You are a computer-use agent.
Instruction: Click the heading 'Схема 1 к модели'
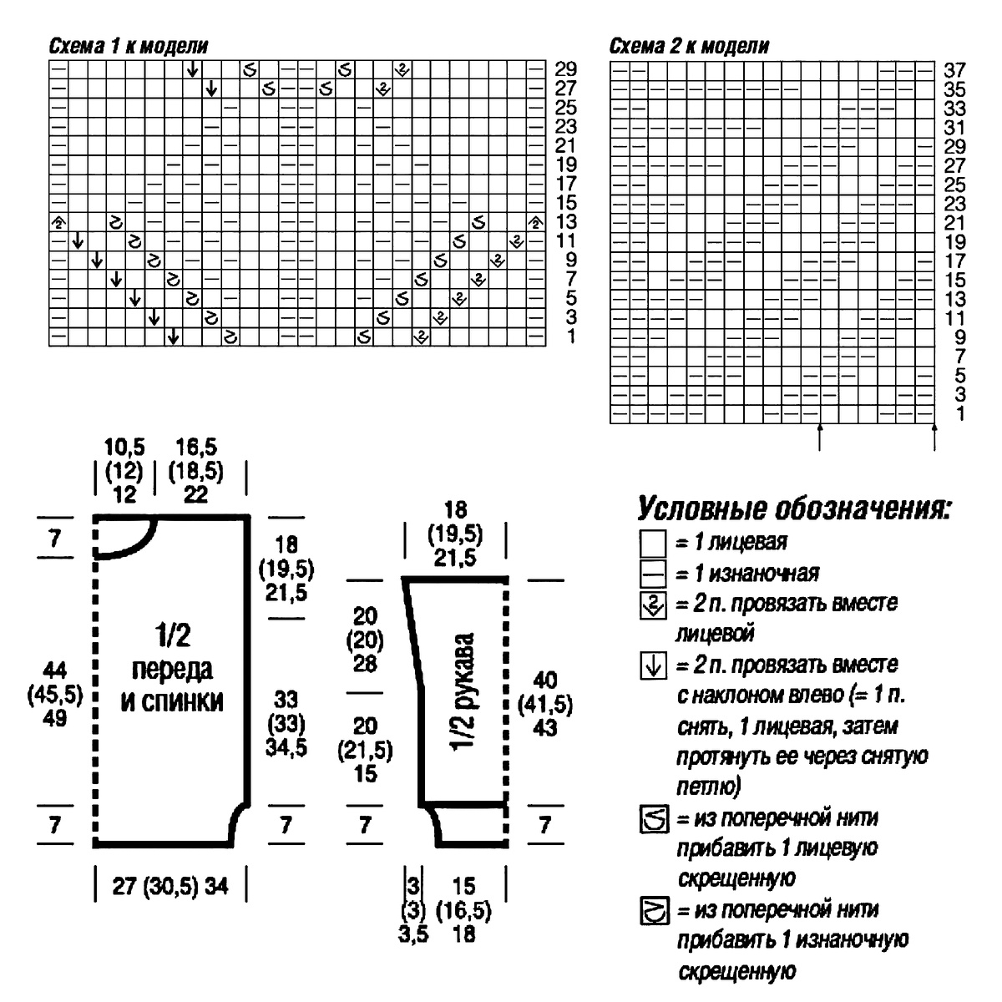pyautogui.click(x=129, y=46)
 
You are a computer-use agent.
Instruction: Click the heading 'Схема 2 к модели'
pyautogui.click(x=690, y=46)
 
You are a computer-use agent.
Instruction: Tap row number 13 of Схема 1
pyautogui.click(x=566, y=222)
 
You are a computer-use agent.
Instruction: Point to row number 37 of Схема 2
pyautogui.click(x=954, y=70)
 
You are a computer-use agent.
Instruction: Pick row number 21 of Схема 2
pyautogui.click(x=954, y=223)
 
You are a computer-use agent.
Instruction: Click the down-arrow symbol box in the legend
pyautogui.click(x=652, y=666)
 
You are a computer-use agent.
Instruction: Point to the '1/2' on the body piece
pyautogui.click(x=172, y=637)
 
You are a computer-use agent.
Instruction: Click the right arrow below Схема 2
pyautogui.click(x=934, y=437)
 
